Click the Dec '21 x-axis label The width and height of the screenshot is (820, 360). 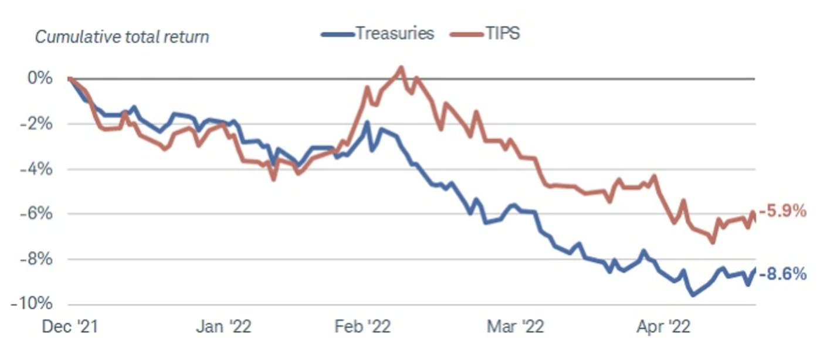coord(69,327)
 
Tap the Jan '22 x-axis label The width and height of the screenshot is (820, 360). coord(223,327)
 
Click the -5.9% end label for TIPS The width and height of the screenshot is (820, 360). coord(782,211)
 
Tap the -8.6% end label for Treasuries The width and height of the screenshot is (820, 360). coord(782,273)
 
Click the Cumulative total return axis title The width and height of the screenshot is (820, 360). coord(122,37)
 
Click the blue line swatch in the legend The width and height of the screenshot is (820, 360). coord(337,34)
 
